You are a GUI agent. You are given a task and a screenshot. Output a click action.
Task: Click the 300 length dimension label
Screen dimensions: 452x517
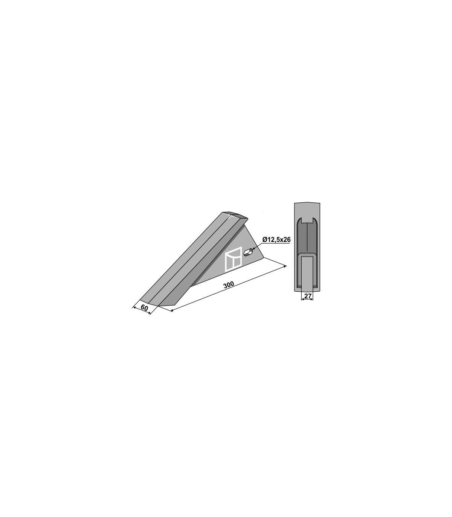(x=229, y=284)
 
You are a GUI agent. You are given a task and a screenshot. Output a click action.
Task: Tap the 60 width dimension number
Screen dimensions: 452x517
(x=144, y=308)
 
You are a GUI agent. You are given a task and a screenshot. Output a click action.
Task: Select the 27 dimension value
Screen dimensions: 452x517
(x=307, y=296)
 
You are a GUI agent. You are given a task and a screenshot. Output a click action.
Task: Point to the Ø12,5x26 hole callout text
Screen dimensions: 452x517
(x=276, y=240)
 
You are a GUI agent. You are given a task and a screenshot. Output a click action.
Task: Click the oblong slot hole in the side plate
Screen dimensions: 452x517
(x=248, y=252)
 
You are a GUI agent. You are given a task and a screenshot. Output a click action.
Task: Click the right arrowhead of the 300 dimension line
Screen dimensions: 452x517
(x=285, y=266)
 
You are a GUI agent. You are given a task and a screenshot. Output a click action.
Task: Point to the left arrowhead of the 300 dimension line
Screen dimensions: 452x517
(x=172, y=311)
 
